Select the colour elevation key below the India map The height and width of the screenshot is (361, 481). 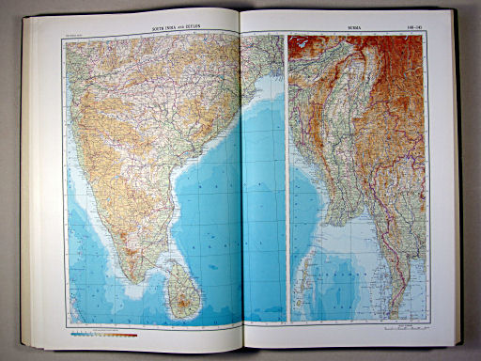coord(104,334)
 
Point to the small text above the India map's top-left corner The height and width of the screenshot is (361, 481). coord(73,35)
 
